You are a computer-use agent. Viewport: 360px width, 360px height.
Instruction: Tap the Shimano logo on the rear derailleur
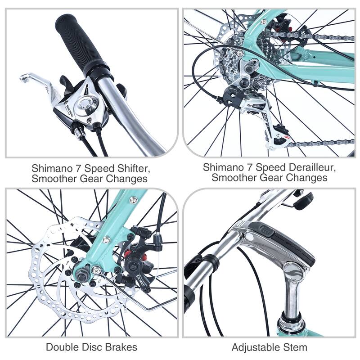click(x=256, y=107)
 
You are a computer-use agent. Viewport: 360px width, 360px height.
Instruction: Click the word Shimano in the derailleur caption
click(x=222, y=167)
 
